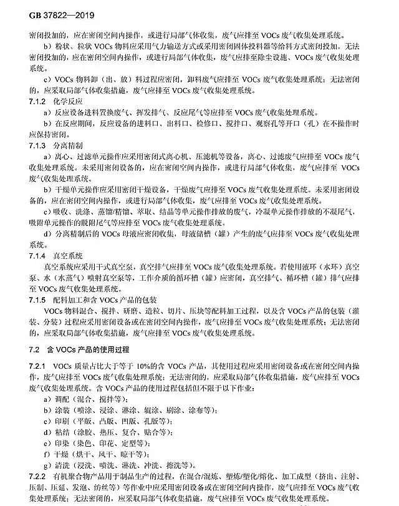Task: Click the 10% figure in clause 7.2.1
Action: [x=149, y=364]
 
